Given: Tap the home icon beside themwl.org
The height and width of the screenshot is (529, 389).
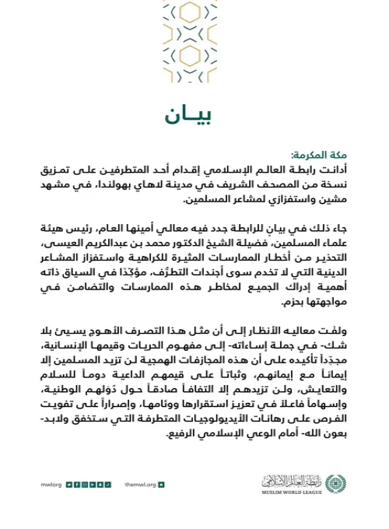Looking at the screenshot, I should [x=161, y=484].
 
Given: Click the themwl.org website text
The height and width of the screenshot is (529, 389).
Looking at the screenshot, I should [x=140, y=484].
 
